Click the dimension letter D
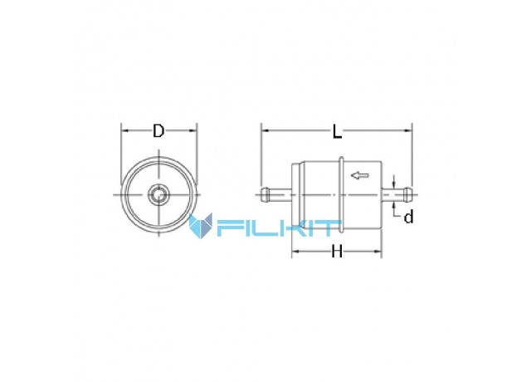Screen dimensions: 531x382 (158, 131)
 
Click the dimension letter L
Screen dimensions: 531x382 (337, 131)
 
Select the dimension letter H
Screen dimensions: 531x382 (337, 252)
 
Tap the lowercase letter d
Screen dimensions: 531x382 (409, 217)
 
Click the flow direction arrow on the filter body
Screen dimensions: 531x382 (359, 175)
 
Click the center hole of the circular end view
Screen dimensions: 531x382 (158, 195)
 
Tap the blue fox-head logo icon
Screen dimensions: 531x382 (201, 225)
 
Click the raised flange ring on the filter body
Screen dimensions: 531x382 (341, 194)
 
